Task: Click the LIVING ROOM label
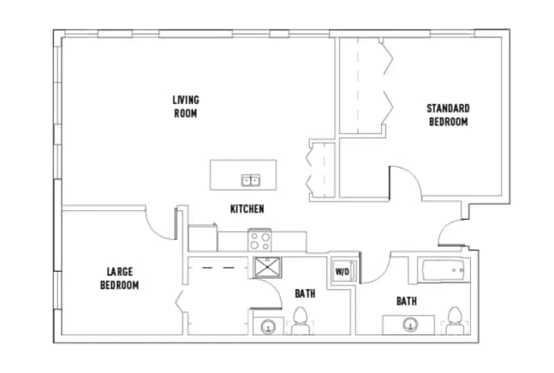click(x=186, y=106)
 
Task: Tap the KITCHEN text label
click(x=247, y=209)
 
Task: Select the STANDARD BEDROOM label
click(x=448, y=115)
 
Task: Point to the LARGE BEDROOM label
click(x=119, y=279)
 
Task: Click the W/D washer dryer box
click(x=342, y=272)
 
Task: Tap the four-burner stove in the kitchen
click(x=260, y=239)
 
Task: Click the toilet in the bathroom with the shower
click(x=300, y=322)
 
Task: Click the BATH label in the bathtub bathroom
click(x=406, y=301)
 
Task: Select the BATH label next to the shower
click(x=305, y=293)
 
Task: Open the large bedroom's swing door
click(x=158, y=222)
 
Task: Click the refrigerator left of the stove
click(x=203, y=238)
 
